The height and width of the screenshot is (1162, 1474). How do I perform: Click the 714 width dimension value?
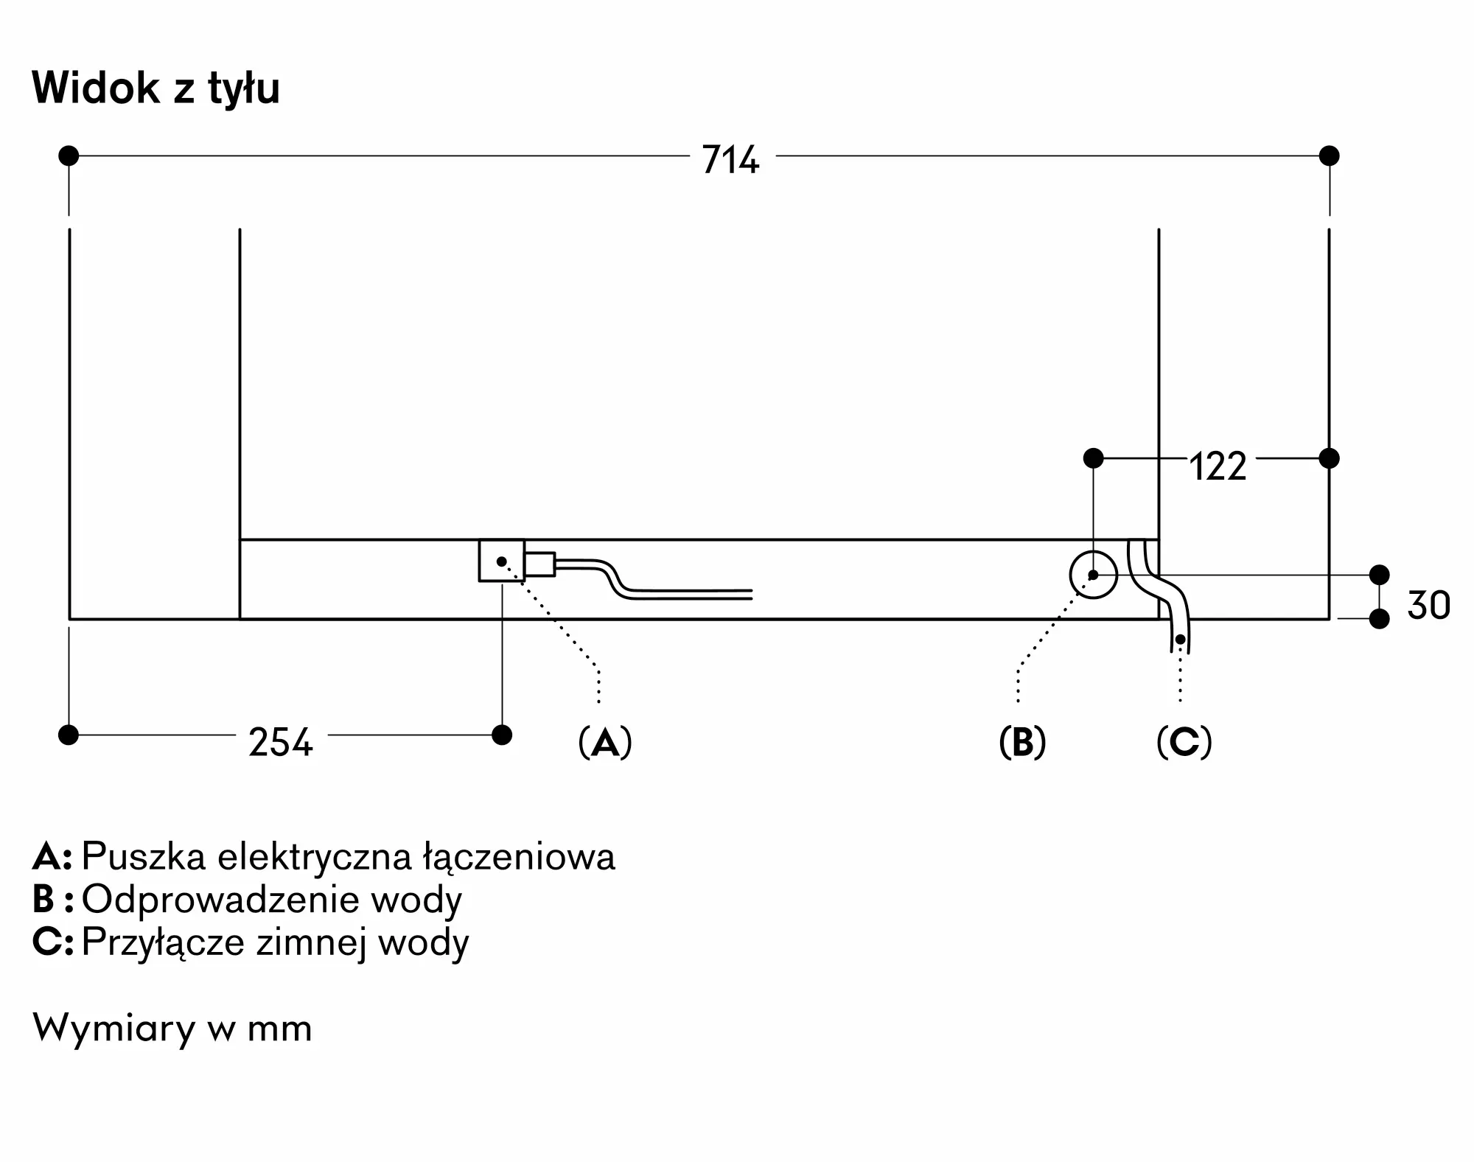click(x=730, y=159)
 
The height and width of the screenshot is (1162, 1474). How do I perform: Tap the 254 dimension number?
click(x=281, y=742)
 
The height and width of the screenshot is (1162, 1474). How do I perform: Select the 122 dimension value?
click(x=1218, y=466)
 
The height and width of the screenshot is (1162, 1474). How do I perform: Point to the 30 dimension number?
click(x=1429, y=605)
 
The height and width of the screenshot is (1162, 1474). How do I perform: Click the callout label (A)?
click(x=605, y=742)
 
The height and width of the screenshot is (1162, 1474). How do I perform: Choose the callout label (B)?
click(x=1022, y=742)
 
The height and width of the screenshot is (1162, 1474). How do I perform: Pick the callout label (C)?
click(x=1184, y=742)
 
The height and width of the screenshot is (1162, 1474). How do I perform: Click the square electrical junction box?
click(x=502, y=561)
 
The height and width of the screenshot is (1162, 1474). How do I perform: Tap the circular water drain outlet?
click(x=1093, y=575)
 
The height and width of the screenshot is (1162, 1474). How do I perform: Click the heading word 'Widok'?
click(x=96, y=88)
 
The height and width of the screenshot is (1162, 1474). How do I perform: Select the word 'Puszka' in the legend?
click(x=144, y=857)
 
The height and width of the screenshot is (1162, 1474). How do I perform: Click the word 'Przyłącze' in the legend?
click(x=163, y=943)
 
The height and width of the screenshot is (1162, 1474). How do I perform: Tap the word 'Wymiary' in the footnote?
click(x=114, y=1029)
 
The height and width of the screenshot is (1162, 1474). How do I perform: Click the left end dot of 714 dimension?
click(x=69, y=155)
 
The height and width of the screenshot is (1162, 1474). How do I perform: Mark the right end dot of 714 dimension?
click(x=1330, y=155)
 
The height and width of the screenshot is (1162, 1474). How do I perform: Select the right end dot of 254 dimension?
click(x=502, y=735)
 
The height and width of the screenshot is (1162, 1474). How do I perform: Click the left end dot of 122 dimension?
click(x=1094, y=458)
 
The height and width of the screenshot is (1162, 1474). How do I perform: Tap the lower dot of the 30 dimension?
click(x=1380, y=619)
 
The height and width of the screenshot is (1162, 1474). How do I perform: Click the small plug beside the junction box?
click(x=540, y=564)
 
